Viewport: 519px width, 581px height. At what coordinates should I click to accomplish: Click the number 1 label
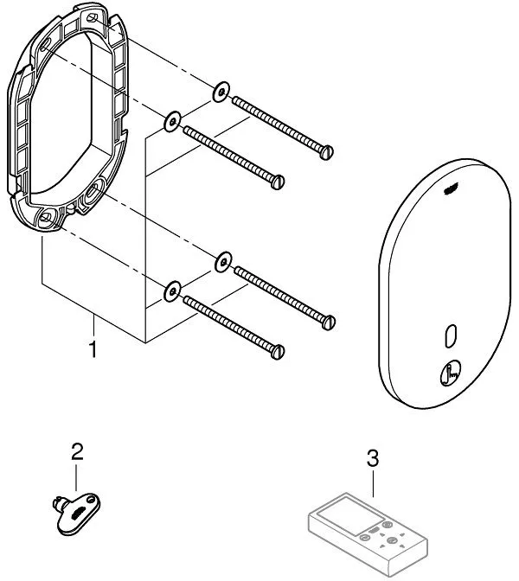93,349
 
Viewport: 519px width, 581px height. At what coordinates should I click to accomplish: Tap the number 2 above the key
78,450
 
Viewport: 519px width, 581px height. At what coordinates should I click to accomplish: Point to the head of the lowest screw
278,353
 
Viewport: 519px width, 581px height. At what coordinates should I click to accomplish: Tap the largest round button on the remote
393,542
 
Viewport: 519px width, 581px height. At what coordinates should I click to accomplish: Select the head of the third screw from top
328,322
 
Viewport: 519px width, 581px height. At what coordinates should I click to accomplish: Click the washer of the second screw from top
171,119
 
